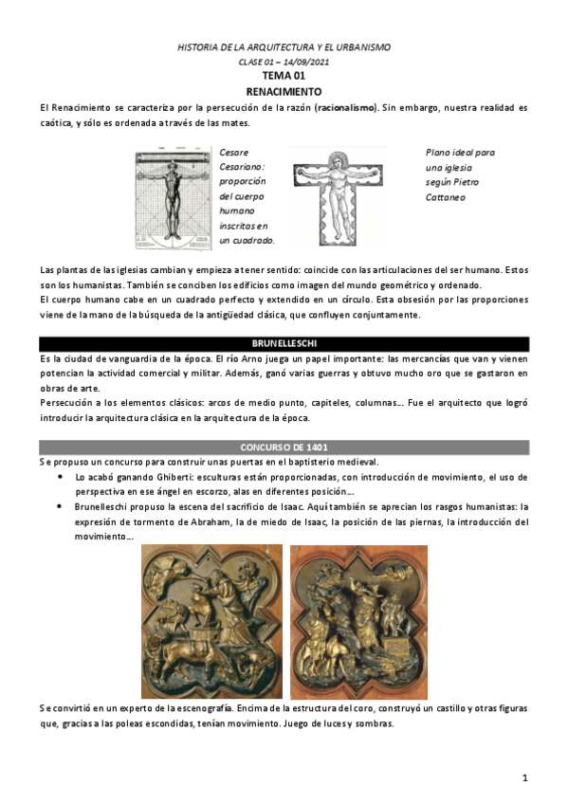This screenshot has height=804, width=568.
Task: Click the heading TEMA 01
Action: pos(284,76)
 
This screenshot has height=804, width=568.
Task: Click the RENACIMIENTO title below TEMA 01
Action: pos(284,92)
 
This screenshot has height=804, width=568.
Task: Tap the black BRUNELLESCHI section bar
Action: pos(284,342)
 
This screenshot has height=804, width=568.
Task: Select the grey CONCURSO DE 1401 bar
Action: pos(284,446)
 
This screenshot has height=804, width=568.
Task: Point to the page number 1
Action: pos(524,778)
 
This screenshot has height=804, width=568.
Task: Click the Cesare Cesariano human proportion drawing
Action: pos(174,197)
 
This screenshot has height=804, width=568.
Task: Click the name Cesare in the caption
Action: pos(234,153)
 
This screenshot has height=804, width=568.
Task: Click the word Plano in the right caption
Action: pos(441,153)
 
